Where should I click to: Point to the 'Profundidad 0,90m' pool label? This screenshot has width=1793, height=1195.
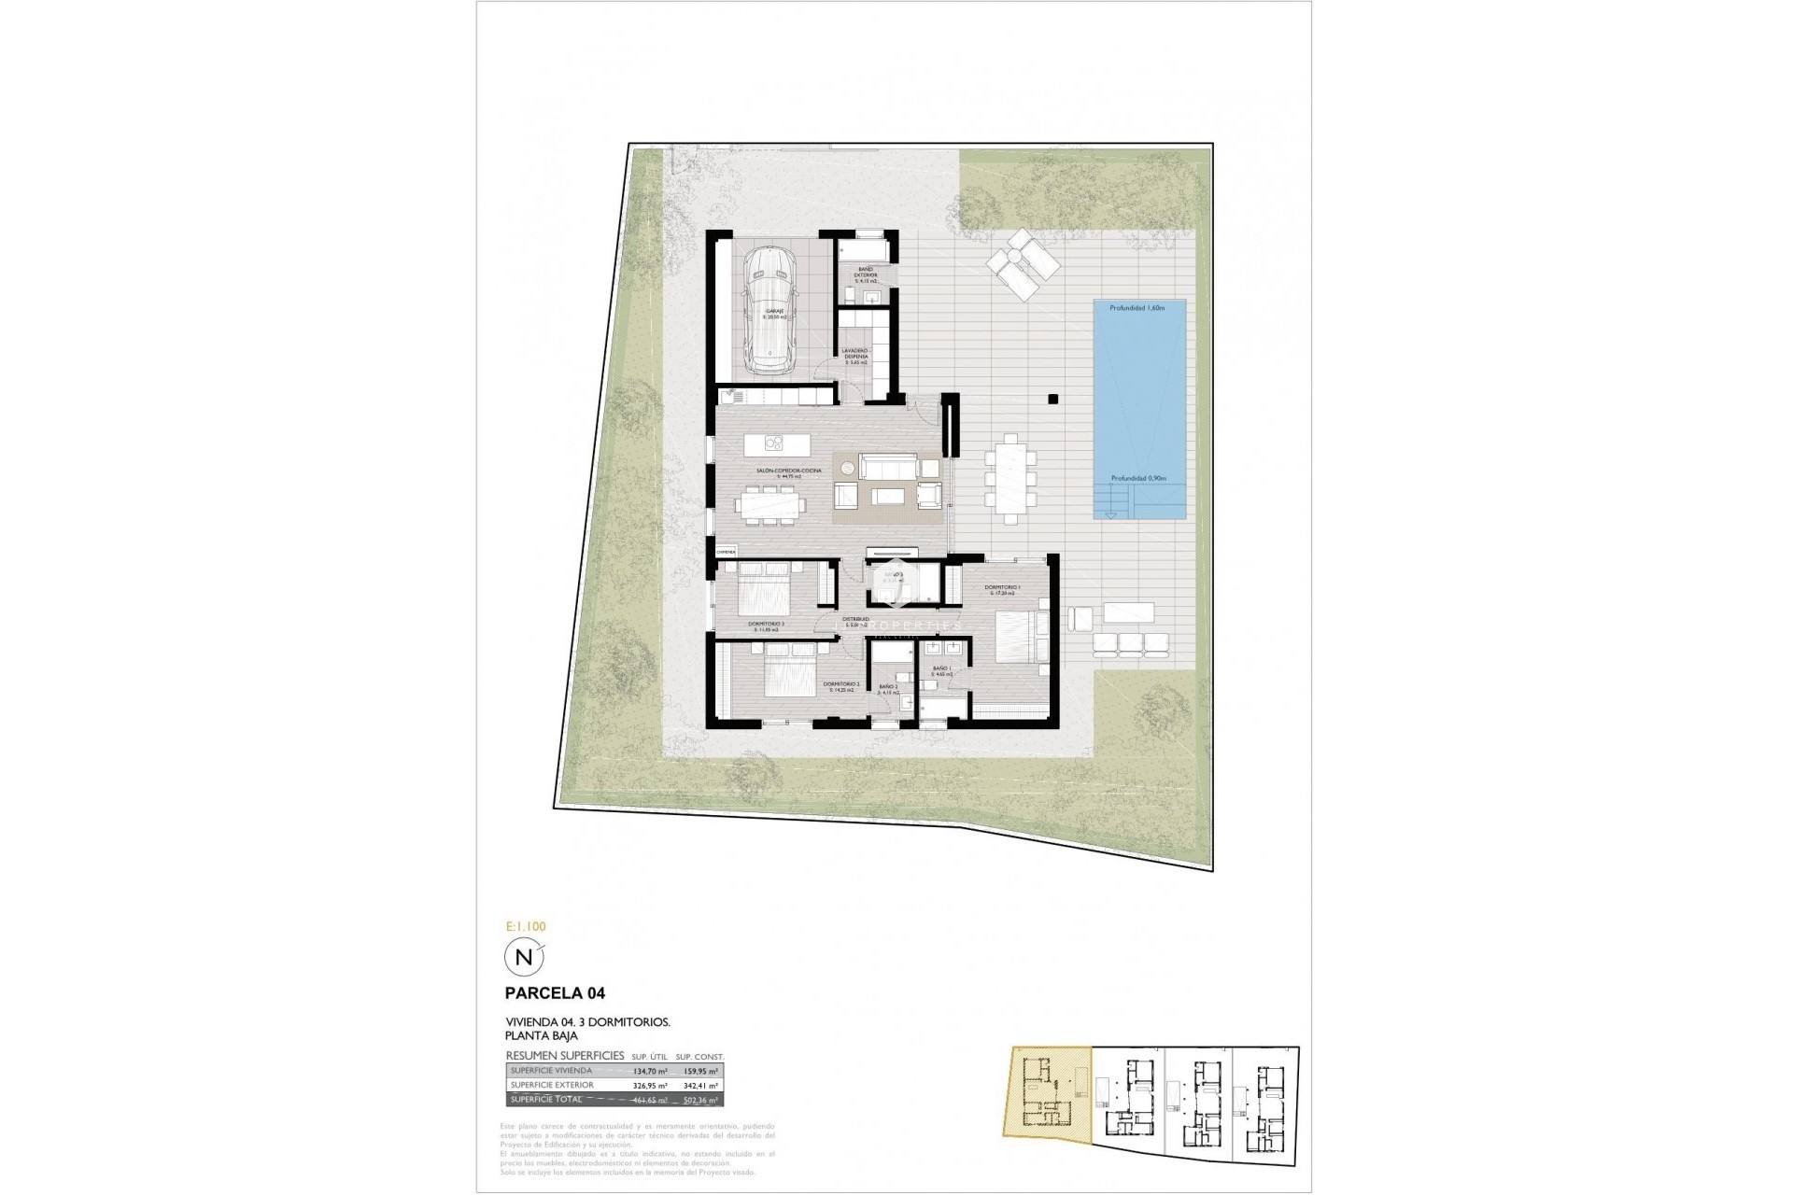[x=1138, y=478]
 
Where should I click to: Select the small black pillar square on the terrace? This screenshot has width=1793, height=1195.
[x=1052, y=399]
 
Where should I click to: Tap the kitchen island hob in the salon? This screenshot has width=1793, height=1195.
[x=774, y=443]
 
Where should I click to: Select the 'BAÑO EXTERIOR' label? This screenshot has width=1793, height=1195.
[x=866, y=273]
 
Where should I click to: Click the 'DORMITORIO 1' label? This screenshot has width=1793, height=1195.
[x=1002, y=588]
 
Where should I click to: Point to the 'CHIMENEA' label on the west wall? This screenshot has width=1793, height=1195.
[x=726, y=553]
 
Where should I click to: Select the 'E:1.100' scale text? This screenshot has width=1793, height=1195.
[x=525, y=927]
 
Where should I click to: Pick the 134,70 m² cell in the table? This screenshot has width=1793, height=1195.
[x=650, y=1071]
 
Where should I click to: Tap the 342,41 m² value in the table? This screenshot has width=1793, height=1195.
[x=700, y=1086]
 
